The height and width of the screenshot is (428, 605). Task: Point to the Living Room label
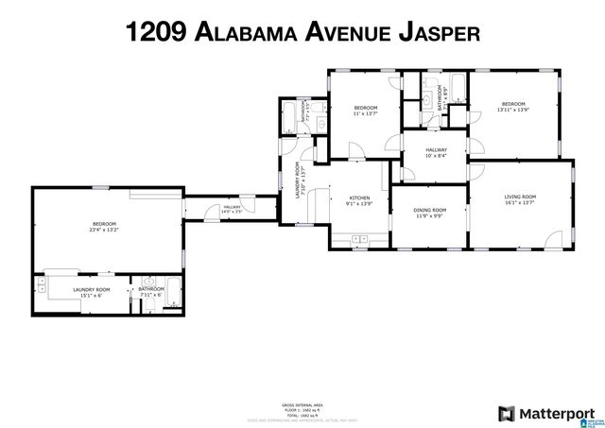click(x=520, y=198)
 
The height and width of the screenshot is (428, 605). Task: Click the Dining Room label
click(x=429, y=214)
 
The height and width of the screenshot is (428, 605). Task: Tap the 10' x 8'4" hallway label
click(x=436, y=152)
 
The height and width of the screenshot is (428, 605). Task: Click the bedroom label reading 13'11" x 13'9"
click(x=513, y=107)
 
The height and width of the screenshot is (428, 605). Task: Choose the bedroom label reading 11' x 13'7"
click(x=366, y=111)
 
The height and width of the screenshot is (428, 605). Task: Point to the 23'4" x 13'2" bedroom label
click(x=104, y=226)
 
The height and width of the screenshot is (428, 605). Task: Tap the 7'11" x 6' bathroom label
click(x=151, y=292)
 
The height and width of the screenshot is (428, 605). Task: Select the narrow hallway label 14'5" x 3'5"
click(x=232, y=209)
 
